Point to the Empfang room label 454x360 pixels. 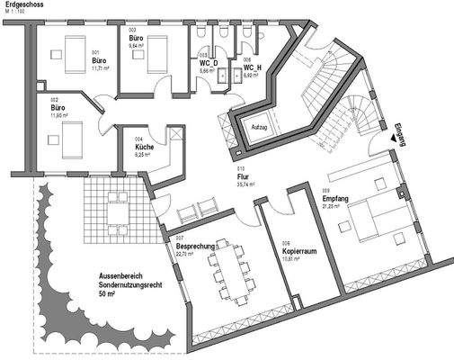pos(334,197)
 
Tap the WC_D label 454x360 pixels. pos(209,63)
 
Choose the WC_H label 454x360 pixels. pos(252,67)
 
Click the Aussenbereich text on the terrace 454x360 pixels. pos(123,275)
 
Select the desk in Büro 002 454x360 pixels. pos(71,141)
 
